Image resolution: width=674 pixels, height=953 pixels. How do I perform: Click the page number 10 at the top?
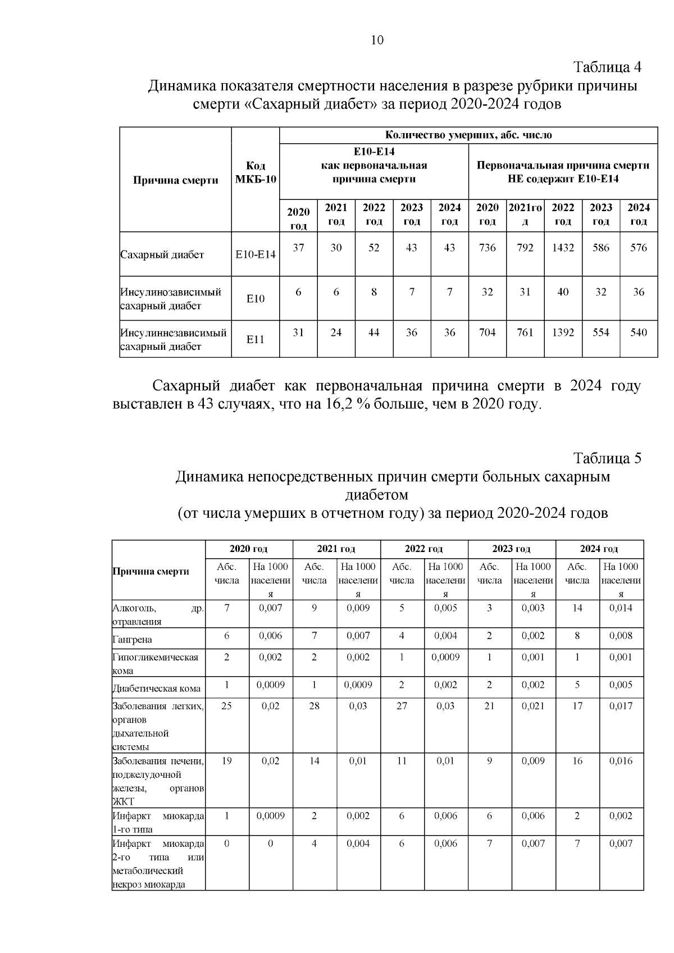tap(377, 40)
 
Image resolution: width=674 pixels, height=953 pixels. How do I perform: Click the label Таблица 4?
tap(607, 67)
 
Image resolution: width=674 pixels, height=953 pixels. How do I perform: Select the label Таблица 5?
tap(607, 458)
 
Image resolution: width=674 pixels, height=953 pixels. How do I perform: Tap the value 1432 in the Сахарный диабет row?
tap(563, 248)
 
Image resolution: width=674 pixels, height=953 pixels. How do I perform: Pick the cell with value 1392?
tap(563, 332)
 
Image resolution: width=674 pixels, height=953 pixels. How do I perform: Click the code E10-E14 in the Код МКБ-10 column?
tap(256, 254)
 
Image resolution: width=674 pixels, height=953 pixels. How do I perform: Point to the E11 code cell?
tap(256, 339)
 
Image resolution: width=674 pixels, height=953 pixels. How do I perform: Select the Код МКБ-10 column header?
tap(256, 173)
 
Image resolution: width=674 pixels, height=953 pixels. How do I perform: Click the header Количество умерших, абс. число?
tap(468, 135)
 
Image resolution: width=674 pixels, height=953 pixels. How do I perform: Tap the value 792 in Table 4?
tap(525, 248)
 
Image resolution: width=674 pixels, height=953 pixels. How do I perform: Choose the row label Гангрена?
tap(133, 640)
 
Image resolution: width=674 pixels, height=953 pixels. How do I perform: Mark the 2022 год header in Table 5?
tap(423, 549)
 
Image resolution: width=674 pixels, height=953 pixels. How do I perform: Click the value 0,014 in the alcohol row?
tap(621, 608)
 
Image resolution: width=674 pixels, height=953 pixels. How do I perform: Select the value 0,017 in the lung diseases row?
tap(621, 706)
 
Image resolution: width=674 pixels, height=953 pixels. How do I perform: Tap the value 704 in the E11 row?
tap(487, 332)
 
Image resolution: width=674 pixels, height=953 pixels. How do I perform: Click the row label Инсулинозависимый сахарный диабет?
tap(171, 299)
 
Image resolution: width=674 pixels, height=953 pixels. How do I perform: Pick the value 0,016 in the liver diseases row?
tap(621, 761)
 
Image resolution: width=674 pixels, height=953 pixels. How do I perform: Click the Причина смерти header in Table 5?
tap(151, 571)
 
